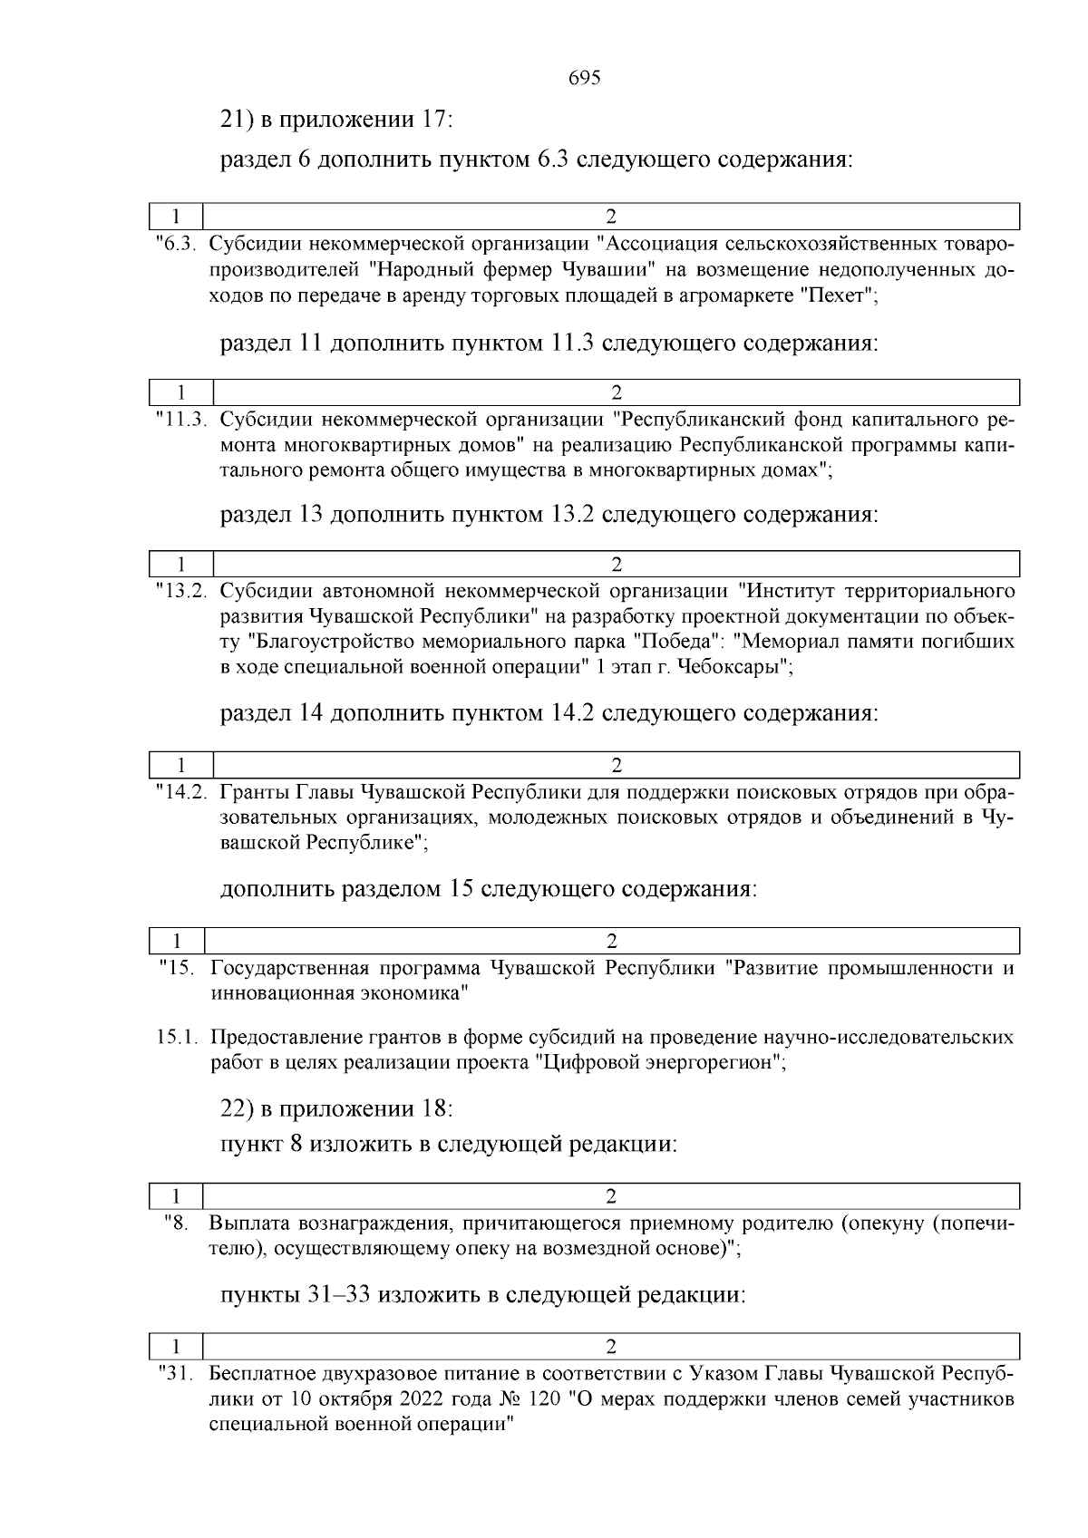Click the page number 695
coord(585,78)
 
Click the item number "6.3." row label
coord(178,245)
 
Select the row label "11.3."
coord(183,420)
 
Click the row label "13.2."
coord(183,592)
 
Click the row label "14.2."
coord(183,791)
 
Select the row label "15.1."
coord(178,1037)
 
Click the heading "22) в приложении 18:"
coord(336,1108)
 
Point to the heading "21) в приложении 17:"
coord(336,120)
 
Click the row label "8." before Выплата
coord(176,1224)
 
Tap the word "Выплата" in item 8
coord(248,1224)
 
